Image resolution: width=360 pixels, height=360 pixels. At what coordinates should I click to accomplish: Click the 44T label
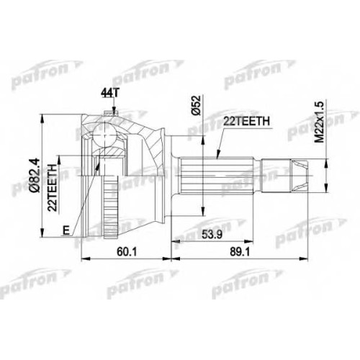click(x=109, y=93)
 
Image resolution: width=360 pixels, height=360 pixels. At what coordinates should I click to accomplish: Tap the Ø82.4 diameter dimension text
click(x=35, y=174)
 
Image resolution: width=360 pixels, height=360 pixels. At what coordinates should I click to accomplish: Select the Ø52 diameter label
click(x=197, y=105)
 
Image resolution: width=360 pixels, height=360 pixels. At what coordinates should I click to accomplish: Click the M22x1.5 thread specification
click(x=320, y=122)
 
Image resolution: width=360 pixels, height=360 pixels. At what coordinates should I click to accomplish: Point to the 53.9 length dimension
click(x=212, y=234)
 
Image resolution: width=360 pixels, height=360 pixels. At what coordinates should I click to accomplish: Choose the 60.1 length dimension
click(x=127, y=251)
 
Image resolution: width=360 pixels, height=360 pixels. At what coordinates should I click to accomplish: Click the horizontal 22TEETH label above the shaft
click(x=246, y=122)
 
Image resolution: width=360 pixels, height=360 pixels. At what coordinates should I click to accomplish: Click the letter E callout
click(x=66, y=230)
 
